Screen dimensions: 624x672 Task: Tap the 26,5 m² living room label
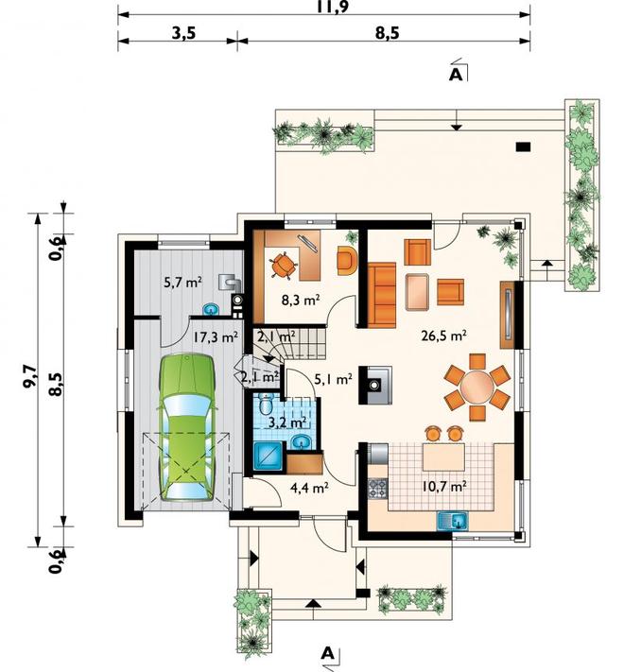[x=444, y=336]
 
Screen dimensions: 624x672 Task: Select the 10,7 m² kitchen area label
[x=443, y=487]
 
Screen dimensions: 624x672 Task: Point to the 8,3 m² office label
[x=301, y=300]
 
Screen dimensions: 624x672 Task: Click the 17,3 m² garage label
[x=215, y=336]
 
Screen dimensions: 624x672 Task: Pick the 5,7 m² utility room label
[x=183, y=282]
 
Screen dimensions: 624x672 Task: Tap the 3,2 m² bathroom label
[x=287, y=422]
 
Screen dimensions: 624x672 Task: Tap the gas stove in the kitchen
[x=377, y=488]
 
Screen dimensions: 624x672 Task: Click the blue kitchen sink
[x=453, y=521]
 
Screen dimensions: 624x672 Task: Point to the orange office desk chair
[x=283, y=265]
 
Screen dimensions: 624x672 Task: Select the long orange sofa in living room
[x=381, y=295]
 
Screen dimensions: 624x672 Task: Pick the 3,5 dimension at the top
[x=183, y=32]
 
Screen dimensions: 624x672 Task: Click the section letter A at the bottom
[x=327, y=653]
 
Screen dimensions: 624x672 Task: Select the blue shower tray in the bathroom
[x=268, y=457]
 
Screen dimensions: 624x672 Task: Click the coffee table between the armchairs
[x=418, y=292]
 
